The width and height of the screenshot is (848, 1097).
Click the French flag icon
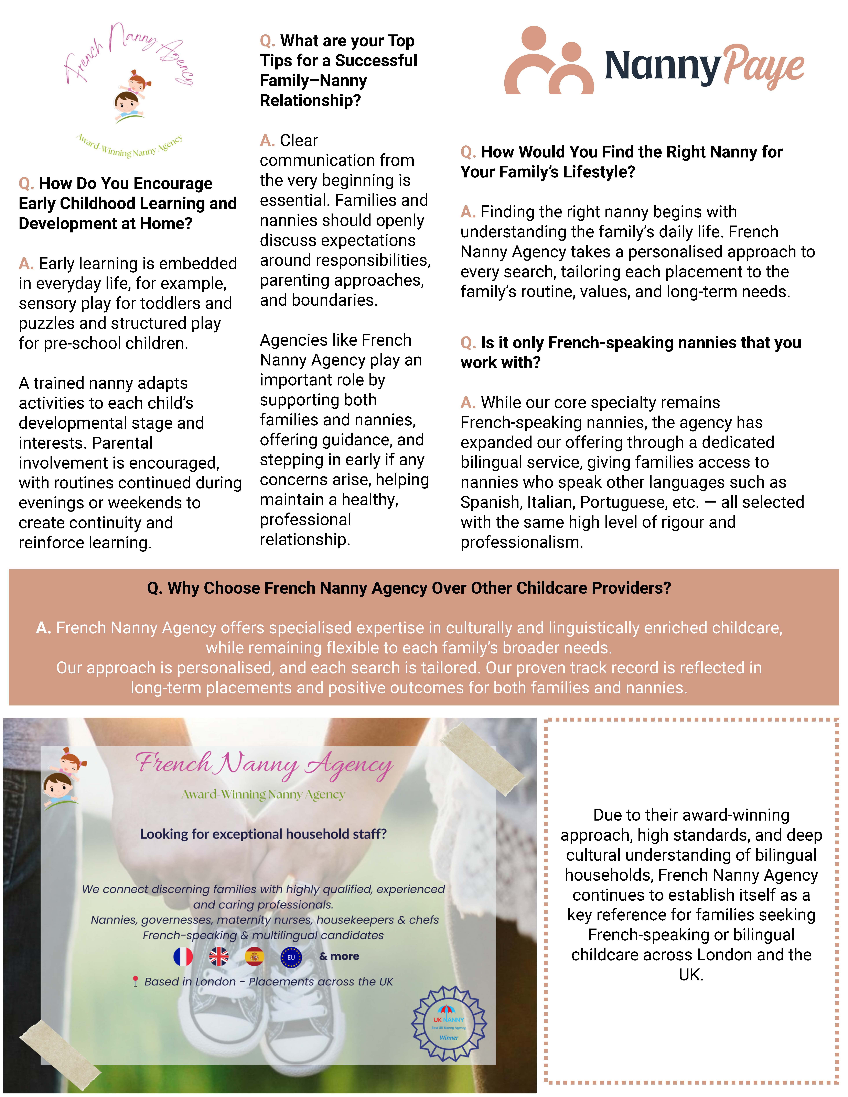(x=183, y=956)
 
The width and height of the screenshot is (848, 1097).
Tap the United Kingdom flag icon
(x=218, y=956)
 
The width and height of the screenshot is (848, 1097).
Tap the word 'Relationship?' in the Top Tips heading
(x=310, y=100)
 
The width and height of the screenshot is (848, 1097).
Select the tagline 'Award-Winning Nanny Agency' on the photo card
(x=263, y=794)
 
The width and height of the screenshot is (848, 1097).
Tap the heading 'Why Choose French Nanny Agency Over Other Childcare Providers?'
(x=409, y=588)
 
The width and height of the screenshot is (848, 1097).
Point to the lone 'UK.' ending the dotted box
(x=691, y=975)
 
